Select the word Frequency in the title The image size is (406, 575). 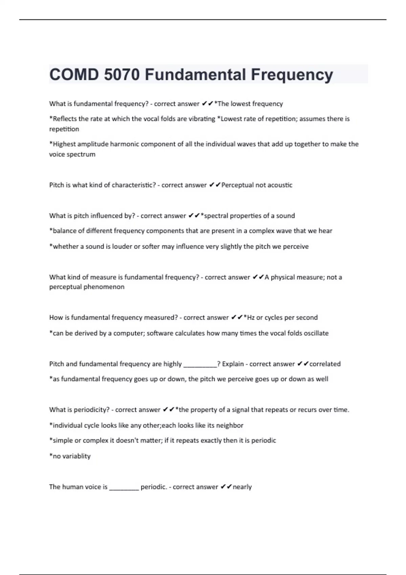[x=292, y=74]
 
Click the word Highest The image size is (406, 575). [x=63, y=144]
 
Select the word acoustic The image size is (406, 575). [x=279, y=185]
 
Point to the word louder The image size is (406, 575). [x=122, y=247]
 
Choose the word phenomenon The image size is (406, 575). [x=107, y=287]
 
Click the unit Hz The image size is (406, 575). [x=251, y=318]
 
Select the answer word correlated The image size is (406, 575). [x=325, y=364]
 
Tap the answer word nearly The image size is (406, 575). [x=242, y=487]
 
